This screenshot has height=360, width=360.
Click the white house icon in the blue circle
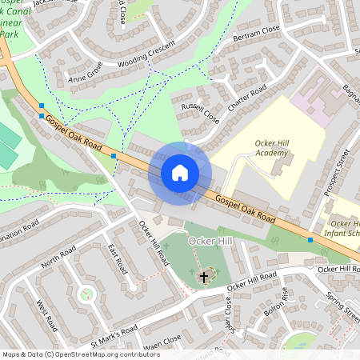tap(180, 173)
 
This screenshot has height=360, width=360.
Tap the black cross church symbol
tap(204, 277)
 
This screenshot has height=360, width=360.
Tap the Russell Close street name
tap(200, 113)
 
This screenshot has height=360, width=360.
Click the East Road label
tap(118, 257)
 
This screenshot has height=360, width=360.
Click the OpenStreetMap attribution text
tap(80, 354)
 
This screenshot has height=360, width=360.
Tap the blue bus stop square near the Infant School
tap(310, 238)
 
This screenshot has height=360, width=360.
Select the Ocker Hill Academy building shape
tap(280, 166)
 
